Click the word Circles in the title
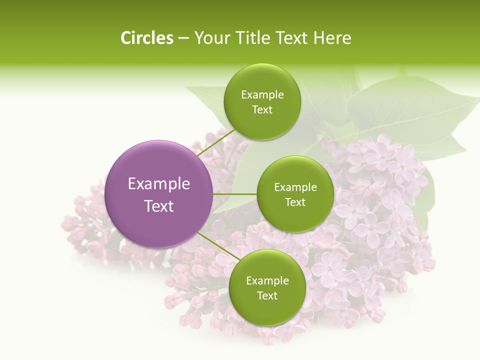click(x=146, y=38)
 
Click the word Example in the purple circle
click(x=159, y=184)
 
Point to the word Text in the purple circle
click(x=159, y=206)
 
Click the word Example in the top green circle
click(x=262, y=95)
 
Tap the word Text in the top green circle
click(x=262, y=110)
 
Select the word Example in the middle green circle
click(x=295, y=187)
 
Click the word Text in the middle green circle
click(x=295, y=202)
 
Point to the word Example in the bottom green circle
click(x=267, y=281)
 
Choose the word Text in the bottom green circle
click(x=267, y=296)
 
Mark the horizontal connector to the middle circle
click(x=234, y=194)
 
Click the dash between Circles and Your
click(x=183, y=38)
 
